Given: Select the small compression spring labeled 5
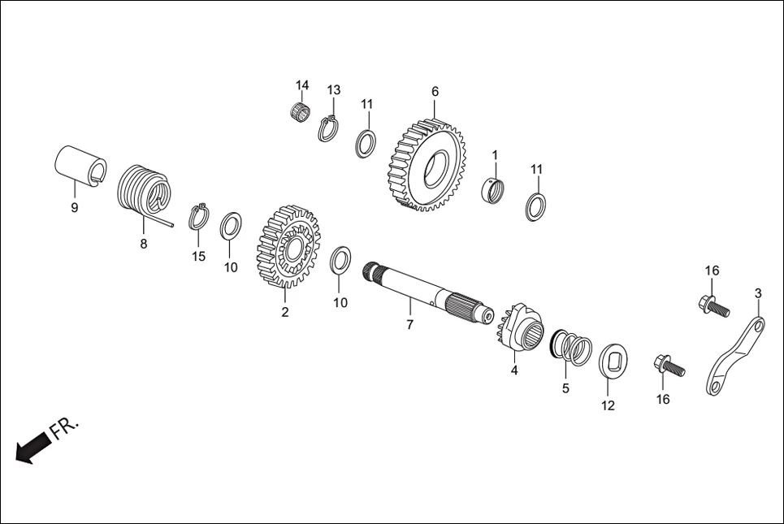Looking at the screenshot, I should pyautogui.click(x=574, y=349).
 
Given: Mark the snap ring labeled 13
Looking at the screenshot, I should pyautogui.click(x=329, y=129).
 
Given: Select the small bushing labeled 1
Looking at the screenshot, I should pyautogui.click(x=492, y=190).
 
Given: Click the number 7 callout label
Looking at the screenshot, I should pyautogui.click(x=409, y=325).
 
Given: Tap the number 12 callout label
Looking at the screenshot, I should pyautogui.click(x=608, y=405).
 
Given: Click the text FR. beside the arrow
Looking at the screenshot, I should pyautogui.click(x=65, y=428).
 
